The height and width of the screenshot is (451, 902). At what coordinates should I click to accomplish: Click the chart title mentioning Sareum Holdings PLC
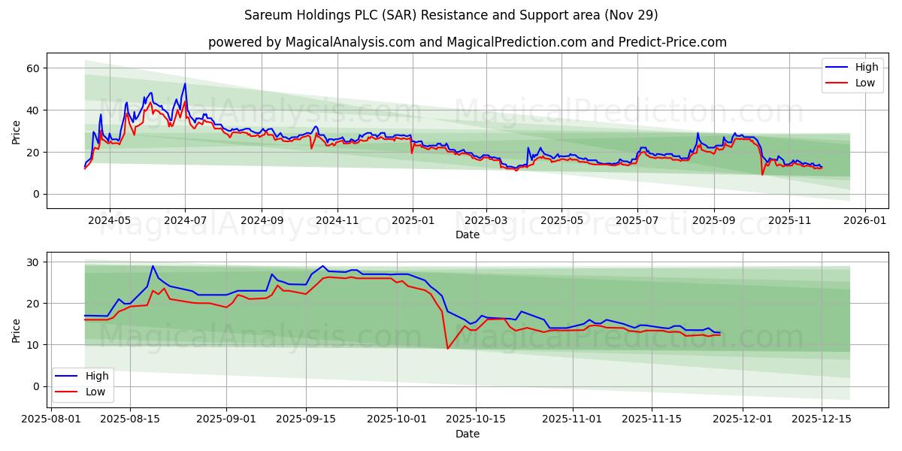coord(451,15)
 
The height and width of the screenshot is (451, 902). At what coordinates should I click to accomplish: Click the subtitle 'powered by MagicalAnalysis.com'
coord(467,42)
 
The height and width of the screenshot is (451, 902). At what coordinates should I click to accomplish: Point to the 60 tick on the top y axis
coord(33,68)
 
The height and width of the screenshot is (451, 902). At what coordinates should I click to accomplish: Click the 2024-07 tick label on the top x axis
coord(185,221)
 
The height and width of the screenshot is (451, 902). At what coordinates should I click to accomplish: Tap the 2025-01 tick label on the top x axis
coord(412,221)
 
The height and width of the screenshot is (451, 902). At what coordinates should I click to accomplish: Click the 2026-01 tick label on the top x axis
coord(865,221)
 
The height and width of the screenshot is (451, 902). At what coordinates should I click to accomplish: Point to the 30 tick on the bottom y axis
coord(33,262)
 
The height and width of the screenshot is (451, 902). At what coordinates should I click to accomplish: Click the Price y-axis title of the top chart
coord(17,131)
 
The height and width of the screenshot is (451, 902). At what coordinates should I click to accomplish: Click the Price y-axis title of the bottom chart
coord(17,330)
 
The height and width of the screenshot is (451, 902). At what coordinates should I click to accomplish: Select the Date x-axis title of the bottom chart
coord(468,434)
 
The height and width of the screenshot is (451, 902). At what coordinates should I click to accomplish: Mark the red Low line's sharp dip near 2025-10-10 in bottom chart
coord(448,348)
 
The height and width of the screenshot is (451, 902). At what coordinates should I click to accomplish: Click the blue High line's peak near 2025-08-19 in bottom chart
coord(153,266)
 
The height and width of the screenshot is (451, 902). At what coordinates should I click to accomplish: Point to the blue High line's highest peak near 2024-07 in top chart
coord(185,83)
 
